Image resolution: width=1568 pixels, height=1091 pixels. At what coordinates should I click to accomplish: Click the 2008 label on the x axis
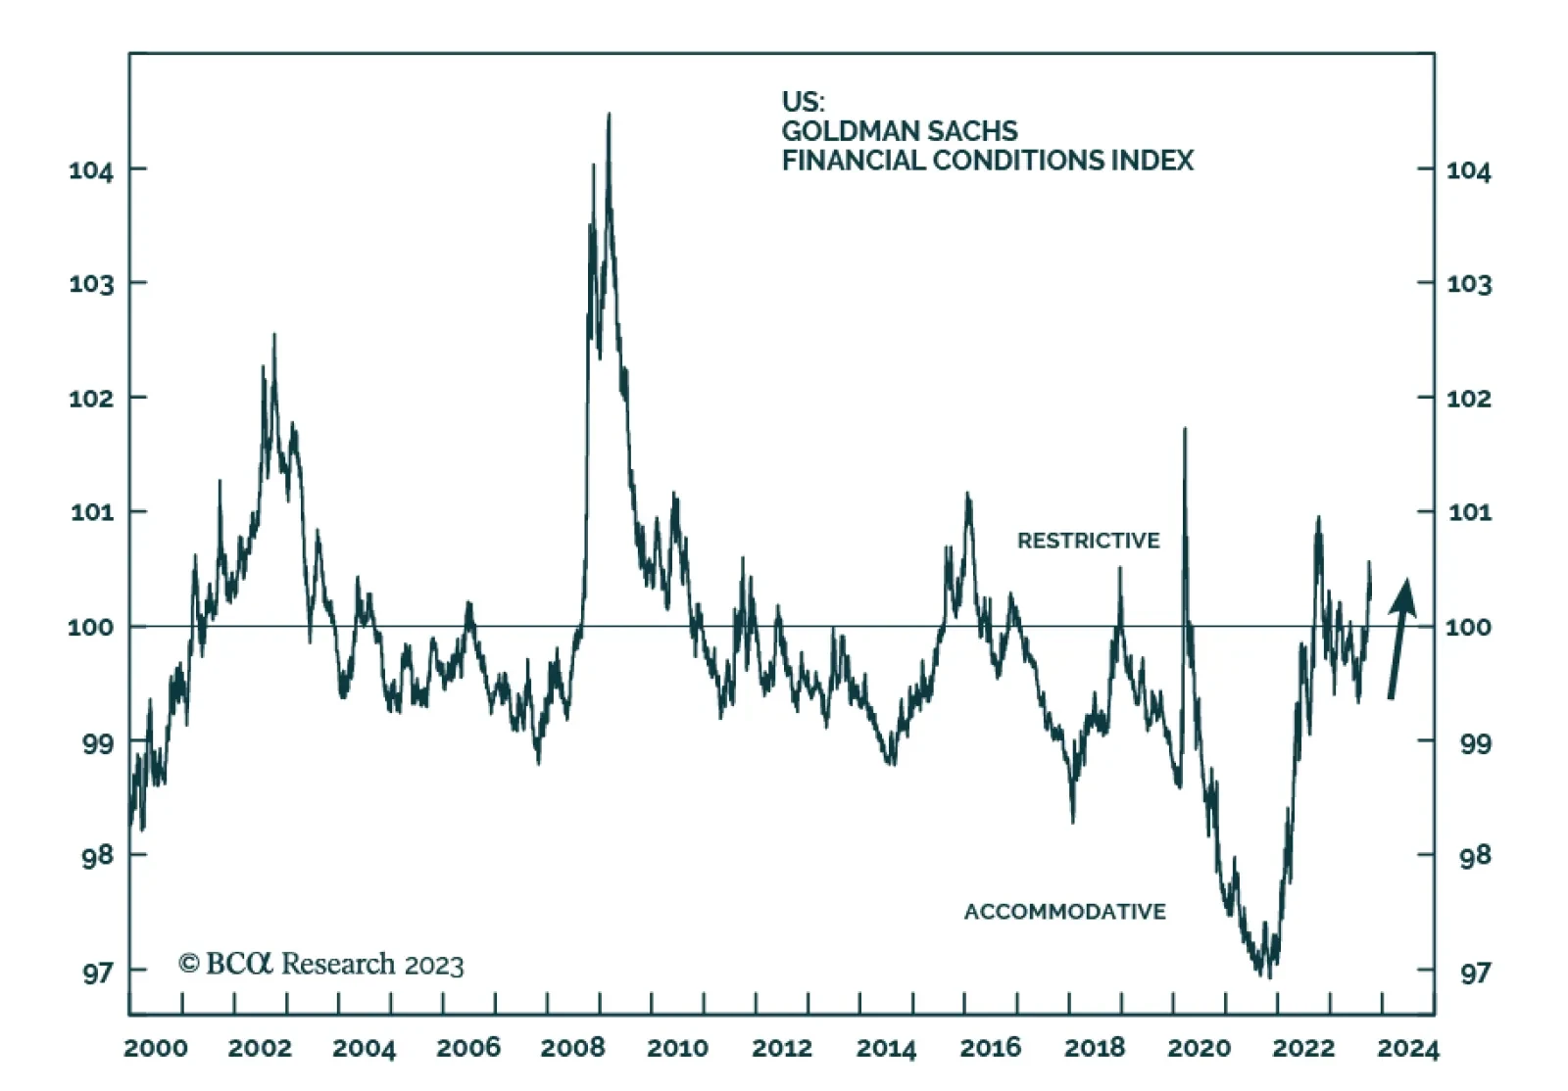pos(572,1048)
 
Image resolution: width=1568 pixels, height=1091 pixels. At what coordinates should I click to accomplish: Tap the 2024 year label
pos(1407,1048)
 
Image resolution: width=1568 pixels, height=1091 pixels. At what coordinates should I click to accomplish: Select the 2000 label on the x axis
pos(156,1048)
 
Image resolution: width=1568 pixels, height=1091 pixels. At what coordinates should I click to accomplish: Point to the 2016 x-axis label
pos(990,1048)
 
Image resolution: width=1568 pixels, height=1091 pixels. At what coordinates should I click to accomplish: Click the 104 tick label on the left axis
pos(91,170)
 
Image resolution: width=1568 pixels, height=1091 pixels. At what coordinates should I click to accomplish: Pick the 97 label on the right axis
pos(1475,972)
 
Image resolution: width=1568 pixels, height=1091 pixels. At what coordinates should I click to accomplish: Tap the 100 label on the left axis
pos(91,627)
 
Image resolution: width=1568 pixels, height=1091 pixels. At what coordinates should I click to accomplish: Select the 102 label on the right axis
pos(1469,399)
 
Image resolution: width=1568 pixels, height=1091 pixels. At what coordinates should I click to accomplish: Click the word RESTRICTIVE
pos(1088,541)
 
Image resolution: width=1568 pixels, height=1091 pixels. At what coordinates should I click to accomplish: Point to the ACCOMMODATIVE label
pos(1064,912)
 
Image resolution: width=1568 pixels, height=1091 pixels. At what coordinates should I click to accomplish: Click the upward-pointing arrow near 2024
pos(1400,637)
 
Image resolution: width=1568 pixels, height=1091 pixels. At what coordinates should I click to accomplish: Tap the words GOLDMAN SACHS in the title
pos(899,131)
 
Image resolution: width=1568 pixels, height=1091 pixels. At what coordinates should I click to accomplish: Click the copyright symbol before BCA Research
pos(189,964)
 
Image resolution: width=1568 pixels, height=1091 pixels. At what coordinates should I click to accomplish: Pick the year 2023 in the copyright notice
pos(433,966)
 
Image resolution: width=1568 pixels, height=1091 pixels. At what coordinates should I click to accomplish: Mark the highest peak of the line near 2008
pos(609,116)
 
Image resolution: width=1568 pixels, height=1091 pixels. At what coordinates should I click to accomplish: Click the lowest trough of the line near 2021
pos(1268,975)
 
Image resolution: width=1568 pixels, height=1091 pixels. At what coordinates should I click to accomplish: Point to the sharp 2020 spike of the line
pos(1185,429)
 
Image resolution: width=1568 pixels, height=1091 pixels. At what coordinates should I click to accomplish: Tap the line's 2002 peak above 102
pos(273,336)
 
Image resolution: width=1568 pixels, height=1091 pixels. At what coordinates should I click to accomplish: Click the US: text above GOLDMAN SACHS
pos(803,102)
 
